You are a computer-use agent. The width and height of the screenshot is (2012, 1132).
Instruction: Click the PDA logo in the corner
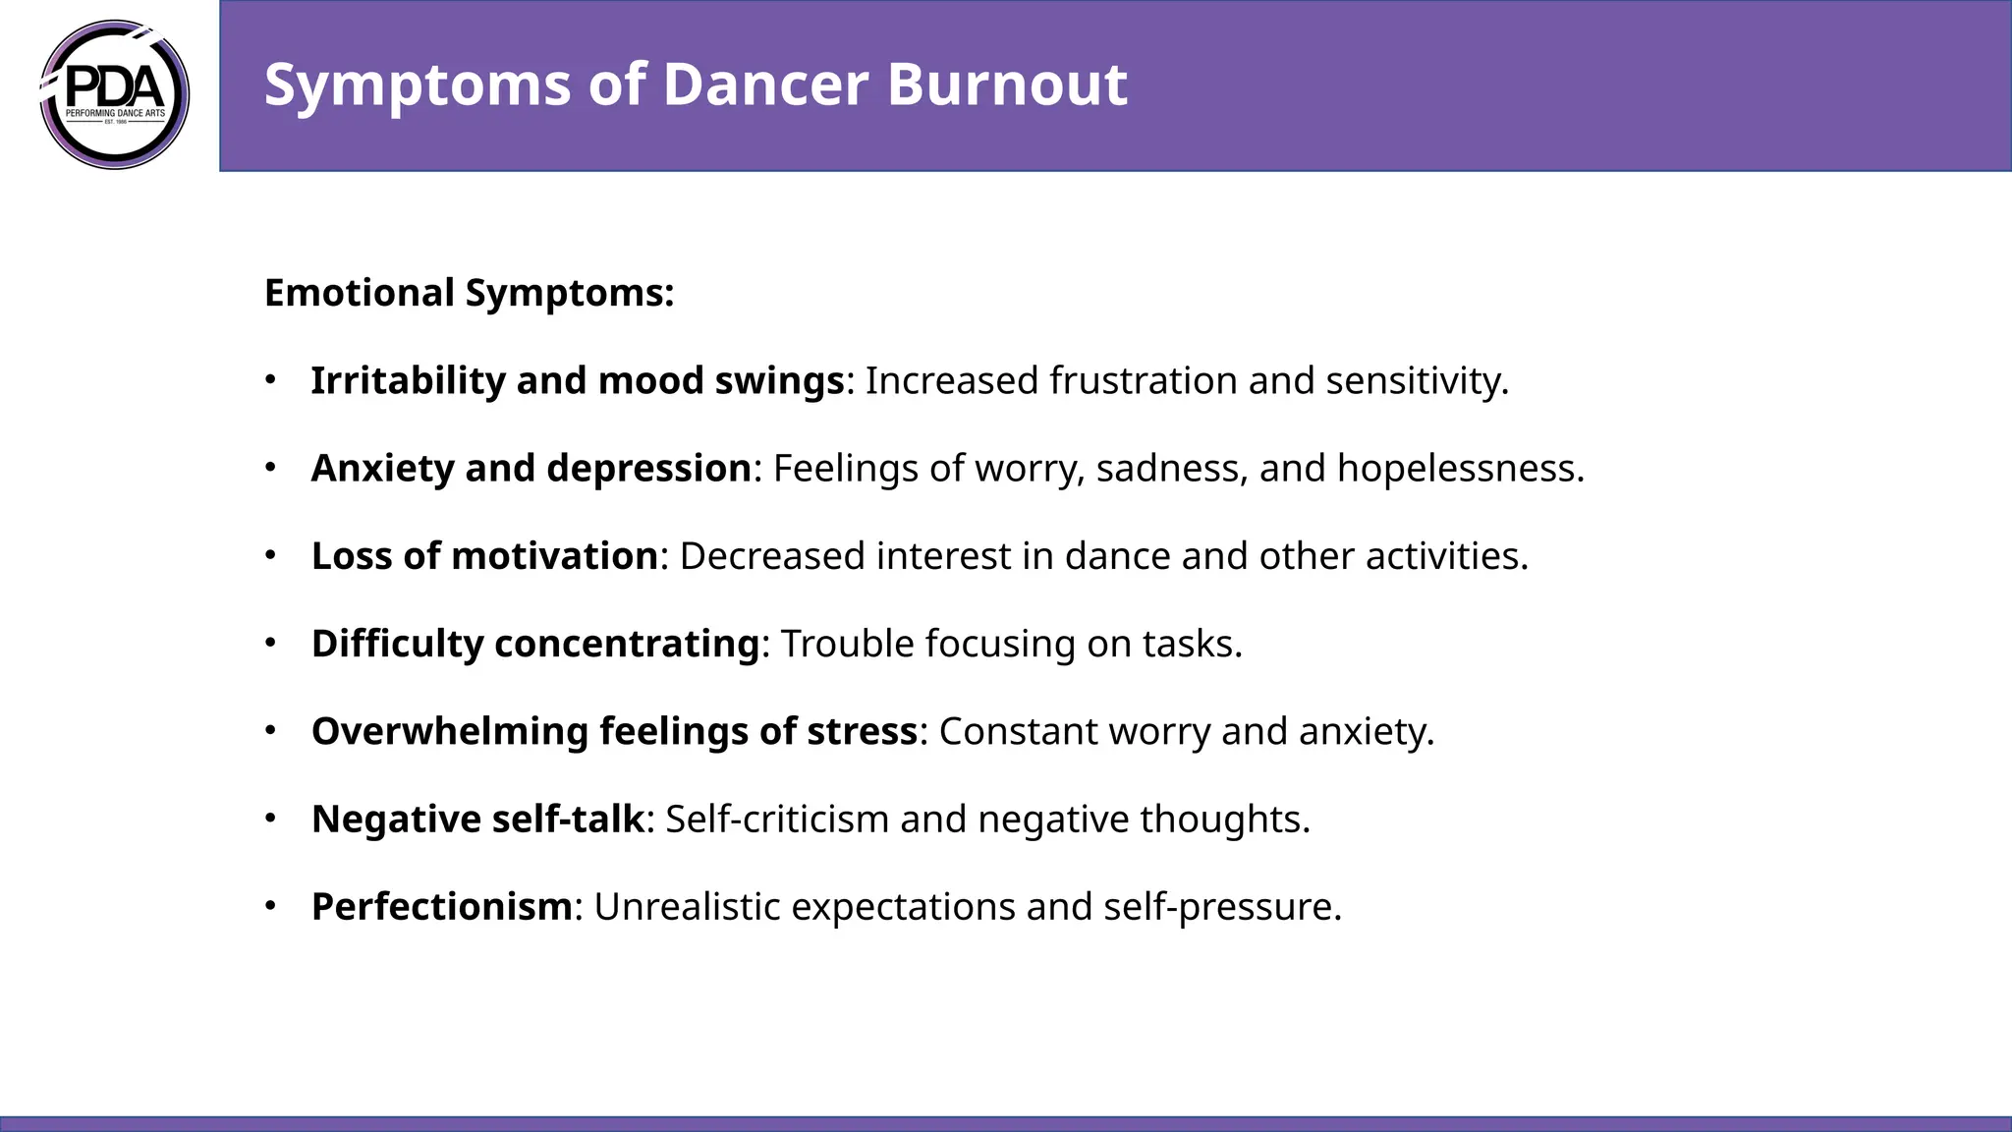tap(115, 94)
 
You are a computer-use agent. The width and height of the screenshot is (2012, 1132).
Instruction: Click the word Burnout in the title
tap(1007, 85)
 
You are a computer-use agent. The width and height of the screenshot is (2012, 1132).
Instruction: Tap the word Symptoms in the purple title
tap(418, 85)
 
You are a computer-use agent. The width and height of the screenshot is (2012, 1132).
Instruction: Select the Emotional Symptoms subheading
tap(469, 293)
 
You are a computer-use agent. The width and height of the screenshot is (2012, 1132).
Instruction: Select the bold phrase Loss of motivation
tap(484, 556)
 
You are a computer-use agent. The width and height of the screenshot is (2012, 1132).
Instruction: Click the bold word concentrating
tap(627, 644)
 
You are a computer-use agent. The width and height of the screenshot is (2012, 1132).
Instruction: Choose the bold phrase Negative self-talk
tap(477, 819)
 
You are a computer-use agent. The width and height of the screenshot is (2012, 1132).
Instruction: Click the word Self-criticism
tap(777, 819)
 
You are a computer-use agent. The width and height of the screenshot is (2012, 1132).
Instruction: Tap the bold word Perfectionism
tap(441, 906)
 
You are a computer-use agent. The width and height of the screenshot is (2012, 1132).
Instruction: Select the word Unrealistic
tap(687, 906)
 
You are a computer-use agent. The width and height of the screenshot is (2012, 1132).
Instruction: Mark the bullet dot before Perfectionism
tap(270, 905)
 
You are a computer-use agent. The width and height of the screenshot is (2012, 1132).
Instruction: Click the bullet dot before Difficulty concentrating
tap(270, 643)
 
